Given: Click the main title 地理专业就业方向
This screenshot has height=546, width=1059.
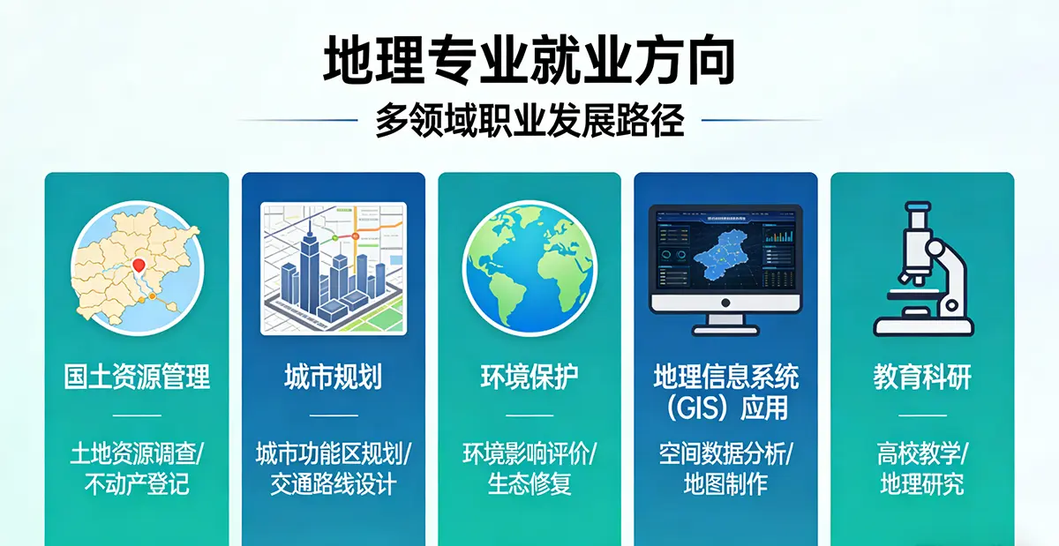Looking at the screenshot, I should (x=529, y=59).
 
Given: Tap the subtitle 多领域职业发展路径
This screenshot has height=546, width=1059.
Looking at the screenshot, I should (x=529, y=120).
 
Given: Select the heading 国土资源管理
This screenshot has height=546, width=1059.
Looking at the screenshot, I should (x=137, y=377).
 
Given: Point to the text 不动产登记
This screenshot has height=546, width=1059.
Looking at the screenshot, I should (x=137, y=484).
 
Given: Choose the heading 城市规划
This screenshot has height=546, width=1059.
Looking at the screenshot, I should (x=333, y=377).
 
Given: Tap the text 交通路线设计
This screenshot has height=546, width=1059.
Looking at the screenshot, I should (x=333, y=484).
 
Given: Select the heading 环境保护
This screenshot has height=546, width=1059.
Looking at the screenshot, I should (x=529, y=377).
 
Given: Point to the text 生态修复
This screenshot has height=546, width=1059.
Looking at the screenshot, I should (x=529, y=484).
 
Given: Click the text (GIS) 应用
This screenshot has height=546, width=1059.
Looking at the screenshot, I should (x=725, y=408).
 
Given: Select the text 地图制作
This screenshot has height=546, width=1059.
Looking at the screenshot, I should (x=725, y=484).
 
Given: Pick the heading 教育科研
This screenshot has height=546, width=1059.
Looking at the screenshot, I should (x=922, y=377).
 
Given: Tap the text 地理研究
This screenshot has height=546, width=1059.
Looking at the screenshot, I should (x=922, y=484).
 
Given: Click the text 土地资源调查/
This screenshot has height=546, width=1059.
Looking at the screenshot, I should (x=137, y=454).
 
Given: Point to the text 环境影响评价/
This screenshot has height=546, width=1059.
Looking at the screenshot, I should (x=529, y=454).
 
